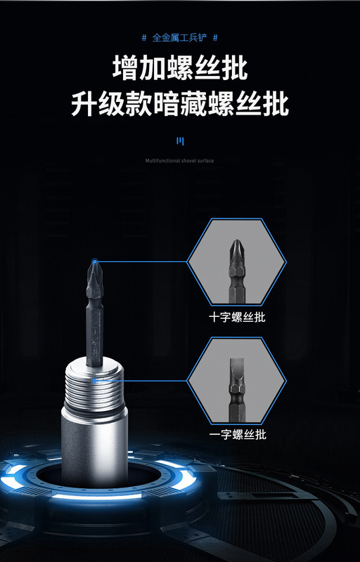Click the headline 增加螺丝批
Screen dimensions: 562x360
pyautogui.click(x=180, y=70)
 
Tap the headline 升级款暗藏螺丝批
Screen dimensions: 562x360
pyautogui.click(x=180, y=104)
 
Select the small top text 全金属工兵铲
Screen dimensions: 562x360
pyautogui.click(x=180, y=37)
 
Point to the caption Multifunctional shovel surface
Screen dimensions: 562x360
pyautogui.click(x=179, y=161)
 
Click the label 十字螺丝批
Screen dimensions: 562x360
pyautogui.click(x=237, y=318)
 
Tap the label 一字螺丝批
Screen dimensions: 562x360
pyautogui.click(x=237, y=435)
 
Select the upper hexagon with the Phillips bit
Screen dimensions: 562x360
pyautogui.click(x=237, y=262)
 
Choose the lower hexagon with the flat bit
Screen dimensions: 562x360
pyautogui.click(x=237, y=381)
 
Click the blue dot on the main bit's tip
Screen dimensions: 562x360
pyautogui.click(x=94, y=261)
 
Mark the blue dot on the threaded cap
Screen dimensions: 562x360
pyautogui.click(x=94, y=381)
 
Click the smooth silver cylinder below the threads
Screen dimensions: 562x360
pyautogui.click(x=93, y=443)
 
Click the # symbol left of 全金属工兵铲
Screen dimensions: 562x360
pyautogui.click(x=145, y=37)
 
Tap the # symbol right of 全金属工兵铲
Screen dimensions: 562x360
pyautogui.click(x=215, y=37)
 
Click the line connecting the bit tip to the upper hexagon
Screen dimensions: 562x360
pyautogui.click(x=141, y=261)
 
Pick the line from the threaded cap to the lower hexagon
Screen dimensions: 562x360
pyautogui.click(x=141, y=381)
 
